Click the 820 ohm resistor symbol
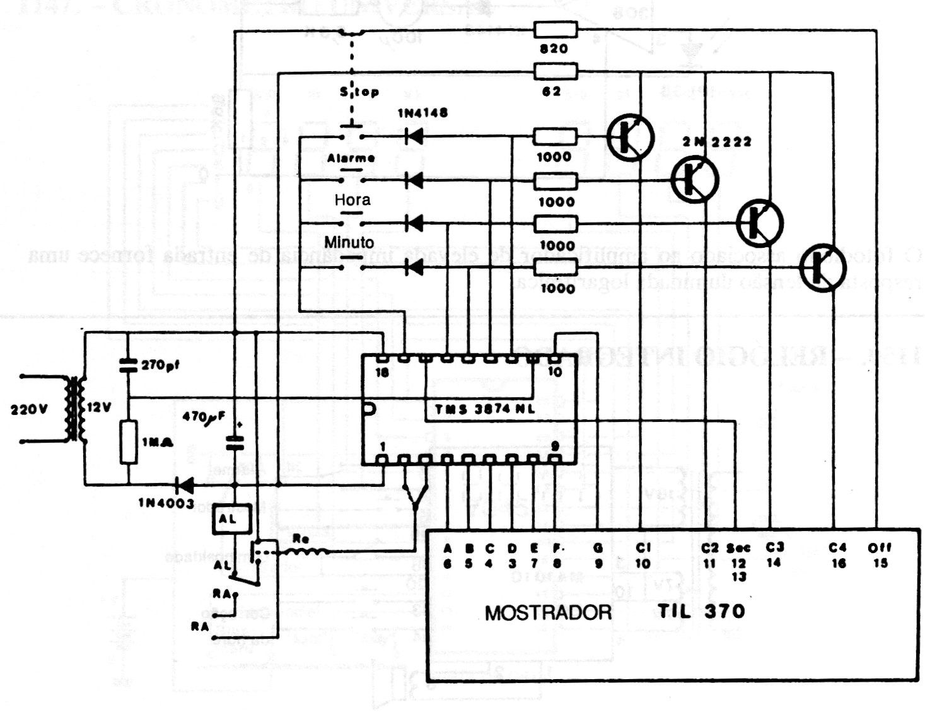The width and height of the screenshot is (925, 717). click(555, 29)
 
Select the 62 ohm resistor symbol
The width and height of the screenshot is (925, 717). click(555, 71)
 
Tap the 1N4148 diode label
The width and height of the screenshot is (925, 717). click(422, 114)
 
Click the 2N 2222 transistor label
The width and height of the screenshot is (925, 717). click(717, 142)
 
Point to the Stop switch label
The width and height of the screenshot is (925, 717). click(359, 92)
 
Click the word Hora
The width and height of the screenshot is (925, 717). click(352, 201)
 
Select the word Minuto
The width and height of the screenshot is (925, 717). click(349, 243)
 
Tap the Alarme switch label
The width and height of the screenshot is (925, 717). click(351, 158)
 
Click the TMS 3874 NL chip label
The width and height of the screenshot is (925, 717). click(484, 409)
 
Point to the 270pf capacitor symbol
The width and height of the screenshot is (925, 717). click(128, 364)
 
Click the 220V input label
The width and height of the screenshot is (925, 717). click(29, 409)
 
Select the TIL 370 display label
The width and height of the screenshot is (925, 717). click(701, 611)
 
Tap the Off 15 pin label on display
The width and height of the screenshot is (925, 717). click(880, 555)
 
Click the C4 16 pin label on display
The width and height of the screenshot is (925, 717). click(838, 555)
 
